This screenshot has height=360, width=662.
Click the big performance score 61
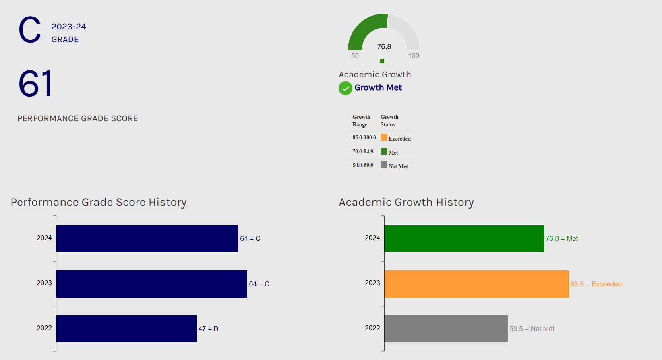[x=35, y=84]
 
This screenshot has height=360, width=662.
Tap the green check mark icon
[x=345, y=88]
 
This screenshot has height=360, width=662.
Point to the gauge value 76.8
[x=384, y=47]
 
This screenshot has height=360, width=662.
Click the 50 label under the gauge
[x=355, y=56]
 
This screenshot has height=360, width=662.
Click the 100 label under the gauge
[x=414, y=56]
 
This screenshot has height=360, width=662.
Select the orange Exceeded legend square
[x=384, y=137]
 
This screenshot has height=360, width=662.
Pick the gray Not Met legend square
[x=384, y=165]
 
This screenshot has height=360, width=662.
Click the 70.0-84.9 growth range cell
[x=363, y=151]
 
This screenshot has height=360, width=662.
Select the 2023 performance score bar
[x=151, y=284]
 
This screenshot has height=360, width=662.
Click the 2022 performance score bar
[x=126, y=329]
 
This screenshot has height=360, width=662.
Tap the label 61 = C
[x=250, y=238]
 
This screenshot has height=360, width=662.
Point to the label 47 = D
[x=208, y=329]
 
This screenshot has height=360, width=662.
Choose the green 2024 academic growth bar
[x=464, y=238]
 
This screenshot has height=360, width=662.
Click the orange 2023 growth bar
[x=476, y=284]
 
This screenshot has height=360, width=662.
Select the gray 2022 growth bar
[x=446, y=329]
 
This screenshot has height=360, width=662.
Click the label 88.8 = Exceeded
[x=596, y=284]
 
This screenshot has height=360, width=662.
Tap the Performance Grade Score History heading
[x=99, y=202]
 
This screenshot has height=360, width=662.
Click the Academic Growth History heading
[x=407, y=202]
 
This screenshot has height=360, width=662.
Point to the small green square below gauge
[x=382, y=61]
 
